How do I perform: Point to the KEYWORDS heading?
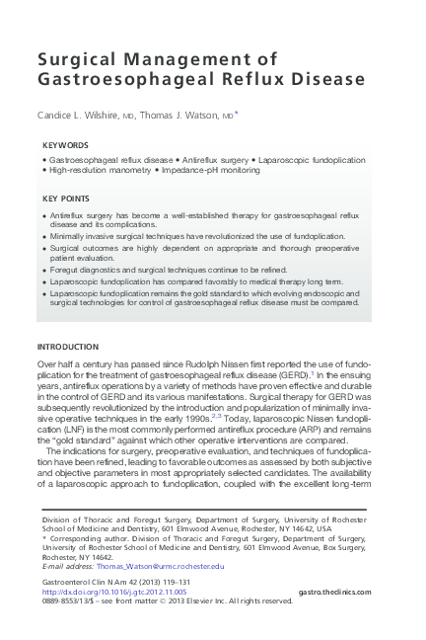point(65,145)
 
